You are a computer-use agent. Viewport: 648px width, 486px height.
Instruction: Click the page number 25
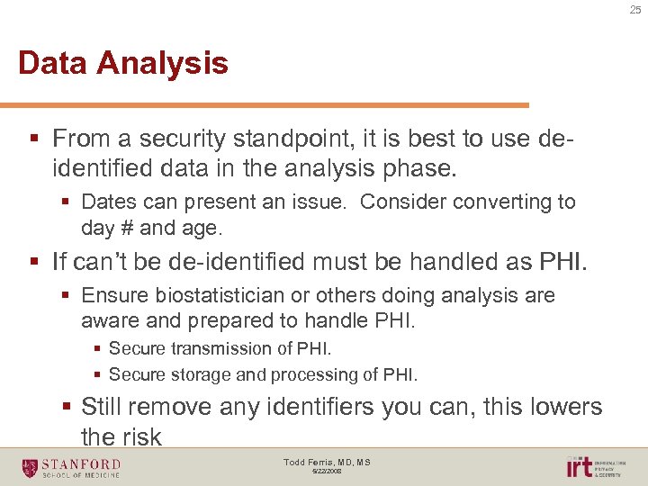[x=635, y=10]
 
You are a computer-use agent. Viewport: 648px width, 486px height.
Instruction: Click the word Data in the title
[x=53, y=64]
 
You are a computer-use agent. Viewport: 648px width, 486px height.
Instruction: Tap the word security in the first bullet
[x=188, y=139]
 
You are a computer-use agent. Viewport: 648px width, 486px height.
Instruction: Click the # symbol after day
[x=126, y=228]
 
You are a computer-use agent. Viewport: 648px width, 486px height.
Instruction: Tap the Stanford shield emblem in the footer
[x=31, y=467]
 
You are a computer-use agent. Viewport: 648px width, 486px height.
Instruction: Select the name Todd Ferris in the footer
[x=306, y=463]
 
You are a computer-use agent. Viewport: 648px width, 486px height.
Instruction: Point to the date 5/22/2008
[x=328, y=471]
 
